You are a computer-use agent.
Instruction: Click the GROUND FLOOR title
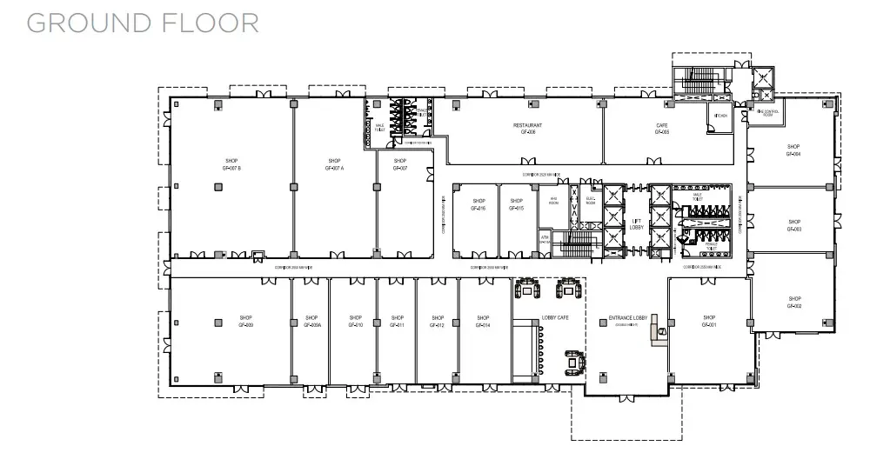143,23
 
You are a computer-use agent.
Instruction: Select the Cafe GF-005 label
662,129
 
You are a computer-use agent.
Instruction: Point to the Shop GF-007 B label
231,164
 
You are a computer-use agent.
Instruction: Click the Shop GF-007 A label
334,164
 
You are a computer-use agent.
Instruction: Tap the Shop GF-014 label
483,322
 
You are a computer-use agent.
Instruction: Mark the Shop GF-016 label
478,205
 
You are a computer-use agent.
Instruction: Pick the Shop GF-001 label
709,322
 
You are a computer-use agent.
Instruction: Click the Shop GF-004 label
793,150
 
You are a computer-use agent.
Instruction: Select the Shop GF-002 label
793,303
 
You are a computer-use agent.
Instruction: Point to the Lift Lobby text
636,224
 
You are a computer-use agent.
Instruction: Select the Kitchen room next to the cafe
721,116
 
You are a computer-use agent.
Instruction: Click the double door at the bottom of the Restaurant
528,161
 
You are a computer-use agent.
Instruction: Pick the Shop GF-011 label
398,322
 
